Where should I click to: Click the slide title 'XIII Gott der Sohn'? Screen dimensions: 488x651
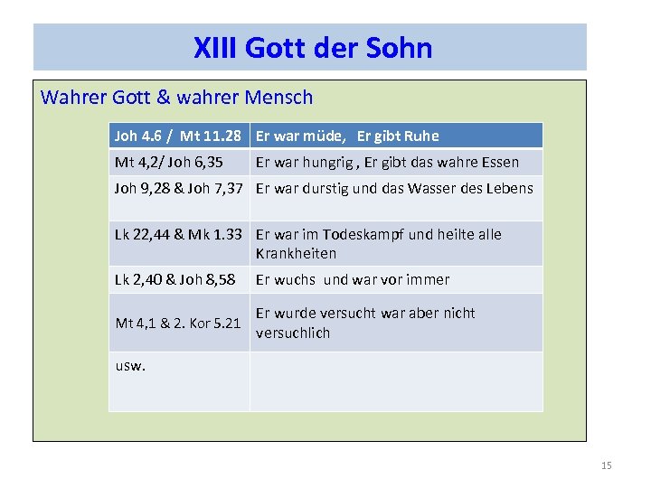pos(313,47)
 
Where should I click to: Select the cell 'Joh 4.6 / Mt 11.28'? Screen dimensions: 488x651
pos(178,136)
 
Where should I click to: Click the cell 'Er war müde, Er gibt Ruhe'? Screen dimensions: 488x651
pos(347,136)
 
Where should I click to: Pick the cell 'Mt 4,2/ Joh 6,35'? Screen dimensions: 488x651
pos(169,163)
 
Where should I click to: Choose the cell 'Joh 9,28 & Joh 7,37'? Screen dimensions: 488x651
pos(178,189)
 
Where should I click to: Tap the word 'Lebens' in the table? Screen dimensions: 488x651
pos(511,189)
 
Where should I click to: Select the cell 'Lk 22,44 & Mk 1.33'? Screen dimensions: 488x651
pos(178,235)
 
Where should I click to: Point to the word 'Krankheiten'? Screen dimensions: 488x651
pos(296,254)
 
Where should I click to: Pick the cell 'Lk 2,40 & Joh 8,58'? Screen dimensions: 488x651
pos(175,280)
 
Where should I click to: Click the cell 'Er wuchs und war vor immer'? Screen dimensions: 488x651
pos(353,280)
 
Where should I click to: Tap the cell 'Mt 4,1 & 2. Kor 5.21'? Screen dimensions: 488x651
pos(178,323)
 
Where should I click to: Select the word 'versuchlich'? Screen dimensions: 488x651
pos(293,333)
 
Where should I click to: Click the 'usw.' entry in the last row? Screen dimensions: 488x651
pos(130,366)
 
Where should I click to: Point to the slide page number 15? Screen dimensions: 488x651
pos(606,465)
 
